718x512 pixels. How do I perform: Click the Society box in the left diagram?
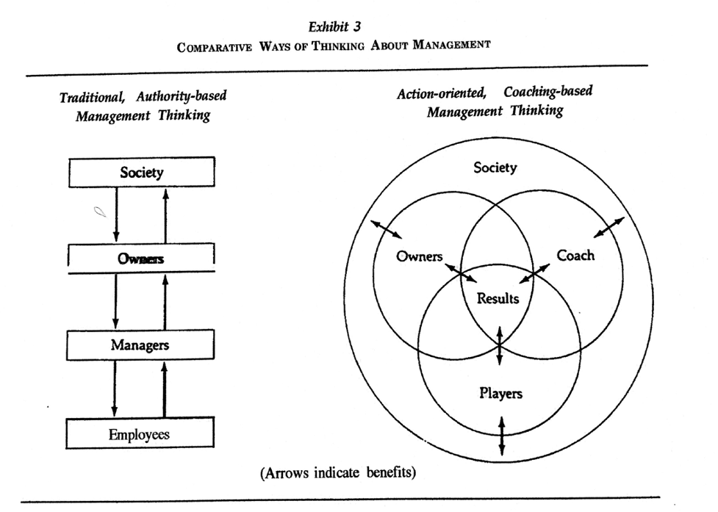142,172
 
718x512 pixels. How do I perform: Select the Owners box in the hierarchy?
141,259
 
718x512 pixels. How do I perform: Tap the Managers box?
140,345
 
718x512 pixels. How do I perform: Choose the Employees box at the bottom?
140,433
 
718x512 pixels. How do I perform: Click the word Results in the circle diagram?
498,298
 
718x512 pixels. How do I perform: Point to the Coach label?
575,255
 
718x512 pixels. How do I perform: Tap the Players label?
500,393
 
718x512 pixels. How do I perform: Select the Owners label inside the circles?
419,256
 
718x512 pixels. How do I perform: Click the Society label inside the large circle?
495,167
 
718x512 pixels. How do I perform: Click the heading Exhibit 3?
334,27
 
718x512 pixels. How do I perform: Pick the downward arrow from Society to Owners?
116,214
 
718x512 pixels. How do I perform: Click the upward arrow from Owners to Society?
166,215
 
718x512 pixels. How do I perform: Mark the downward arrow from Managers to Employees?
115,389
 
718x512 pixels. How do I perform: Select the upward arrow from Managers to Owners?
165,302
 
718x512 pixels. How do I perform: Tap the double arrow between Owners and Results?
461,273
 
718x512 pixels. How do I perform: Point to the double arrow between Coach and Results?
534,273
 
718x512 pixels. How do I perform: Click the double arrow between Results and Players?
500,345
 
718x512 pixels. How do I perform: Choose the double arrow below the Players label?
502,436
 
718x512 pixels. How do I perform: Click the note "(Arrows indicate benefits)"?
338,472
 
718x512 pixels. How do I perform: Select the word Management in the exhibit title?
451,44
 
